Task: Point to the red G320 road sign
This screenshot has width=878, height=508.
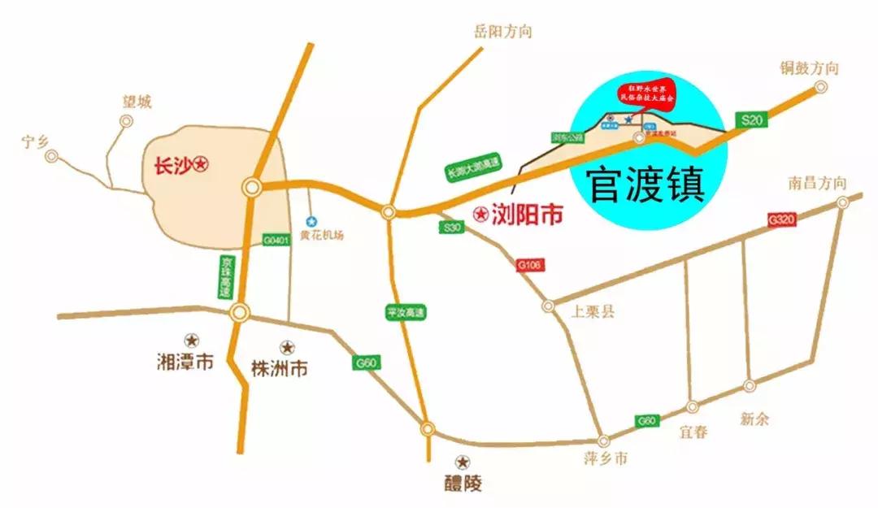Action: (780, 219)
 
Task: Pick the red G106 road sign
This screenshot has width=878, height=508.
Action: (529, 265)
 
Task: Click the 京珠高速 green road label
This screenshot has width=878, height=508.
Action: (224, 276)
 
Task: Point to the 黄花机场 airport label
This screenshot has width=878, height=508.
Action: (322, 236)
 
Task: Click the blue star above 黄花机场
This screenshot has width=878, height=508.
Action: (311, 220)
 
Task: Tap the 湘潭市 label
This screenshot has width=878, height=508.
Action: (185, 362)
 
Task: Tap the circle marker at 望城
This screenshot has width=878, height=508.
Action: (126, 121)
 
